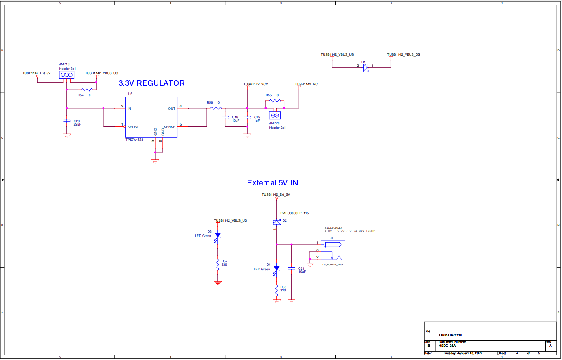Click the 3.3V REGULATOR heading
coord(151,83)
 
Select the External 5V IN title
coord(272,182)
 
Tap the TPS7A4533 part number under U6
coord(134,140)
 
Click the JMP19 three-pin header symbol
coord(66,75)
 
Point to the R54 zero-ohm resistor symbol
coord(87,90)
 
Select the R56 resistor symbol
coord(216,108)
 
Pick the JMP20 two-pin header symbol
coord(275,116)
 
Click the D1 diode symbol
coord(365,67)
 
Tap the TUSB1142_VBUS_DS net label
coord(403,54)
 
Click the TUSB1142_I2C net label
coord(306,84)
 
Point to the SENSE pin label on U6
coord(169,127)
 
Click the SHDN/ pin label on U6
coord(133,127)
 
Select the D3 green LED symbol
coord(218,236)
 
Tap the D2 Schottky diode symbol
coord(276,222)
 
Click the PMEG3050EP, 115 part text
coord(294,213)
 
